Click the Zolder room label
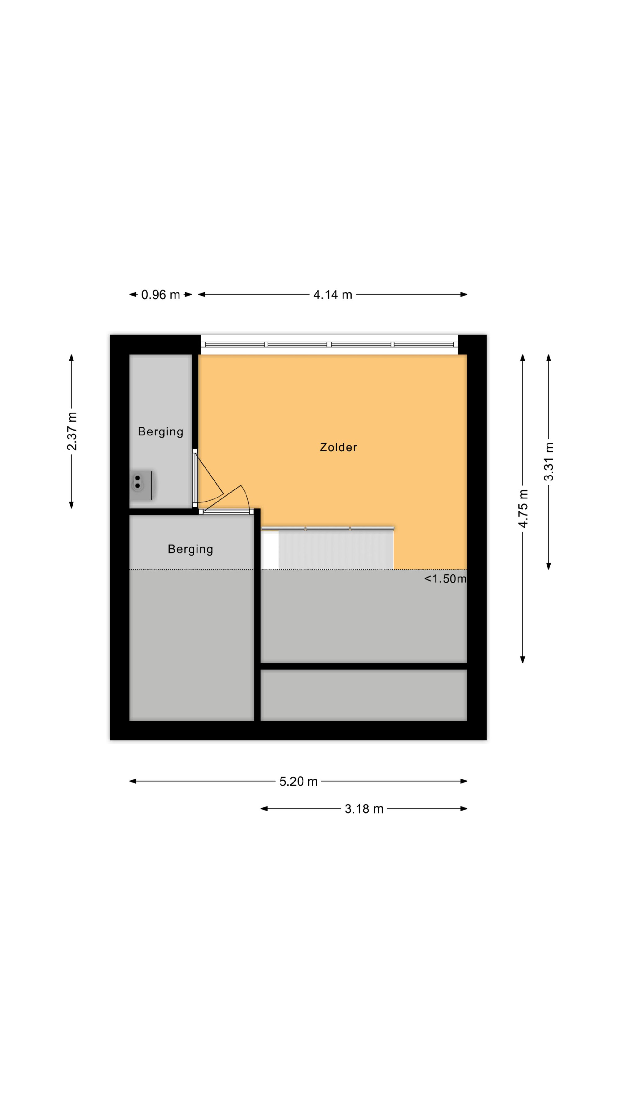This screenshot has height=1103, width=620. point(338,447)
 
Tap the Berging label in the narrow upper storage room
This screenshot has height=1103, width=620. point(161,431)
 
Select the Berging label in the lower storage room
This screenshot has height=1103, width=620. point(190,549)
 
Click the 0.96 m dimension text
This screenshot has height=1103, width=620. point(161,295)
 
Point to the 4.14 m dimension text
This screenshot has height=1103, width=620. point(332,295)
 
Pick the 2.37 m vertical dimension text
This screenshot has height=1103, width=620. point(72,431)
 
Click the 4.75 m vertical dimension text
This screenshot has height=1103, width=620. point(523,508)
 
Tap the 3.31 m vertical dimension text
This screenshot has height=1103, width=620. point(549,462)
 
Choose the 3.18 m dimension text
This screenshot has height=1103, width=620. point(364,809)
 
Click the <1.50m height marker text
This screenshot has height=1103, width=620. point(445,579)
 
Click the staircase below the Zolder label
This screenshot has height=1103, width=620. point(327,548)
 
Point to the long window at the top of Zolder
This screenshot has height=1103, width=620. point(330,345)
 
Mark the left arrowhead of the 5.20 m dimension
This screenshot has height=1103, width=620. point(133,781)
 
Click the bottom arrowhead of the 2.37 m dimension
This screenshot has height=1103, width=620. point(72,505)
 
